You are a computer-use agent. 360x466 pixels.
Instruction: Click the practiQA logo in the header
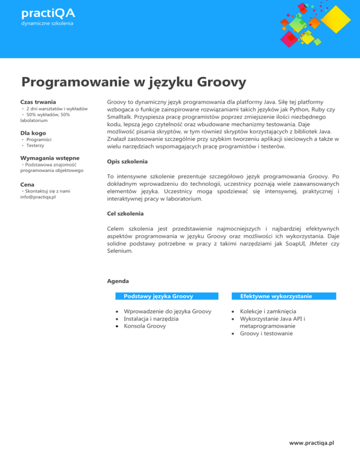(48, 12)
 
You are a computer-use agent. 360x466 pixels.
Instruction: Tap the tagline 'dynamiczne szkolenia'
(47, 23)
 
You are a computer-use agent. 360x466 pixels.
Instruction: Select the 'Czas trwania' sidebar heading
(38, 102)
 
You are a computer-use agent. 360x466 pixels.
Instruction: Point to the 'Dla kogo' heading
(33, 133)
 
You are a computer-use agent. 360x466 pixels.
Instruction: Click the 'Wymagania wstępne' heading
(50, 158)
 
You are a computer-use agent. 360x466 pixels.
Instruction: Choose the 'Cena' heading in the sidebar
(28, 185)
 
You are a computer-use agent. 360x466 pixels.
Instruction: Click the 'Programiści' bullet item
(39, 140)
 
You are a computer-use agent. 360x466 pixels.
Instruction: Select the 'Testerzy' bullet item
(36, 146)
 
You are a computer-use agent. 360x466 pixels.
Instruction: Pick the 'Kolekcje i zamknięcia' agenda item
(268, 311)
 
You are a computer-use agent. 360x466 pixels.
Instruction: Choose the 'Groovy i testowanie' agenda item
(267, 333)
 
